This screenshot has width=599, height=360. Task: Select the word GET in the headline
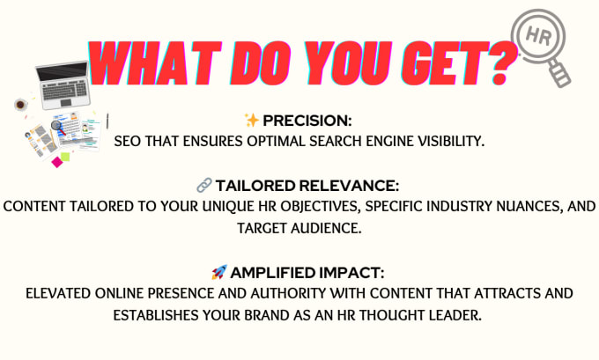(x=444, y=63)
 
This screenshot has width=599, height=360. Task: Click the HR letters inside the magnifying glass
(x=538, y=37)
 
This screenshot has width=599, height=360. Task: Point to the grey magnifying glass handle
(x=559, y=74)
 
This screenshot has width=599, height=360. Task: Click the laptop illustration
(x=63, y=84)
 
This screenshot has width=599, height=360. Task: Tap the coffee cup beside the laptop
(x=20, y=104)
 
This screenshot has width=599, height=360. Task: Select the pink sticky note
(x=57, y=162)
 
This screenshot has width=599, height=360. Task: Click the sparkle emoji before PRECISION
(x=252, y=120)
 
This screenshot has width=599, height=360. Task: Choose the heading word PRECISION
(x=307, y=121)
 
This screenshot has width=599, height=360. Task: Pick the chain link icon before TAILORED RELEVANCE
(x=204, y=185)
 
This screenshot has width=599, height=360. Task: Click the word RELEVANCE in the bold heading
(x=349, y=186)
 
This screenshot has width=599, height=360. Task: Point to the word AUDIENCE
(x=326, y=228)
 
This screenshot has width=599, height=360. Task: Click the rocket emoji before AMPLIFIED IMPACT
(x=219, y=272)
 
